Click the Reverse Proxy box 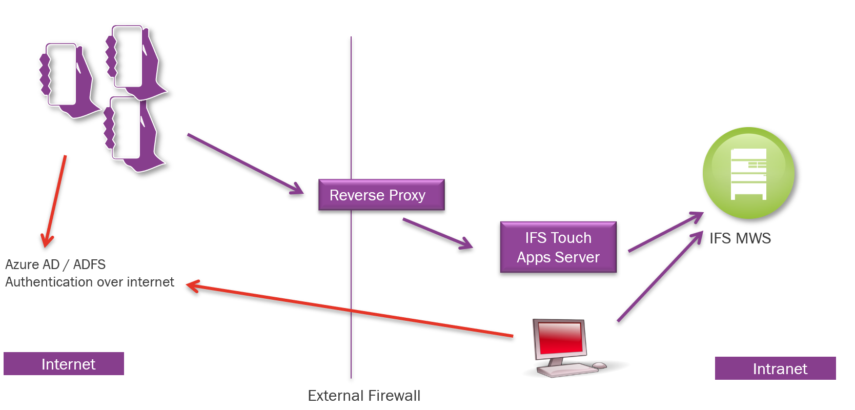381,195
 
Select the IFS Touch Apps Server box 558,247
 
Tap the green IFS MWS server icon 748,173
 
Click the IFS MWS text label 740,238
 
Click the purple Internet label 64,364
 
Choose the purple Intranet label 775,368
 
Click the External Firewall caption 364,396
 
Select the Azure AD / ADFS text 55,264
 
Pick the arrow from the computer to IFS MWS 660,277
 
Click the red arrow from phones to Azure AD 56,200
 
